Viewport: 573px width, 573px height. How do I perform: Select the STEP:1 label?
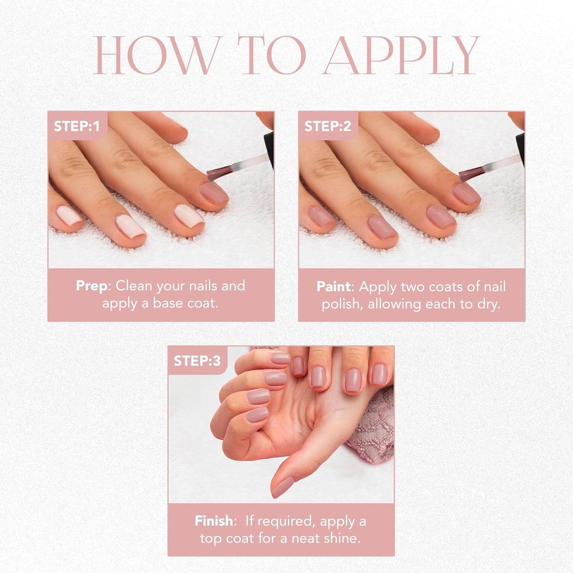77,126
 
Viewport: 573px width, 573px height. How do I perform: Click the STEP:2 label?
328,126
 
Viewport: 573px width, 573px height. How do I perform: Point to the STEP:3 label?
197,360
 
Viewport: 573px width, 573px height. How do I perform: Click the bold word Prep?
92,286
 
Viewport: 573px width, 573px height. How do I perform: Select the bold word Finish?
214,521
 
